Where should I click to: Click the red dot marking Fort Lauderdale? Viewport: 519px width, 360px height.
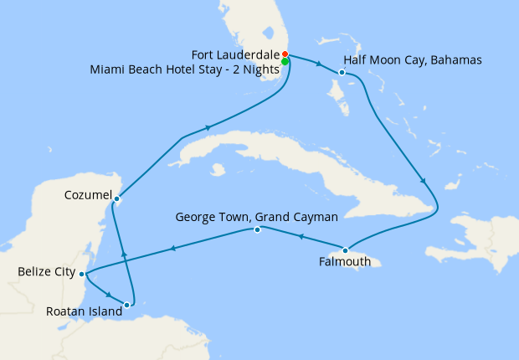coord(285,54)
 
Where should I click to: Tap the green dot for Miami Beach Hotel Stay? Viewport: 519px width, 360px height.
coord(285,62)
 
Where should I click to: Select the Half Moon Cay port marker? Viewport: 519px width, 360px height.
coord(342,73)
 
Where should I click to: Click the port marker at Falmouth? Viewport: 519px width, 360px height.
coord(345,249)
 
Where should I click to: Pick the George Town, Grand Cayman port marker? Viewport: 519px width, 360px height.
coord(257,229)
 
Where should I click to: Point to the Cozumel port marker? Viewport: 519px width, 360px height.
coord(116,198)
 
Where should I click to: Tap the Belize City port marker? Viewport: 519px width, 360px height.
coord(81,274)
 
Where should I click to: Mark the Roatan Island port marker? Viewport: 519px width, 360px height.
coord(126,305)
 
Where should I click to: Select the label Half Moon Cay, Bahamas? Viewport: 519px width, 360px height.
coord(400,61)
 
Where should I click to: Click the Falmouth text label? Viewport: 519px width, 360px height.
coord(344,262)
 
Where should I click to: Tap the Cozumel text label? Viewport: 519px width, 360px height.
coord(88,195)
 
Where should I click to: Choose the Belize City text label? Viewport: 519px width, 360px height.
coord(46,272)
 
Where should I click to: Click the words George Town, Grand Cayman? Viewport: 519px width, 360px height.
coord(256,217)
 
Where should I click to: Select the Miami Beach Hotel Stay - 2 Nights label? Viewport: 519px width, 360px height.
coord(184,69)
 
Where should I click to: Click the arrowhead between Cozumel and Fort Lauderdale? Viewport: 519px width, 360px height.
coord(207,128)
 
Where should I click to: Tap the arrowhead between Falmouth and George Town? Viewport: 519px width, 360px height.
coord(301,237)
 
